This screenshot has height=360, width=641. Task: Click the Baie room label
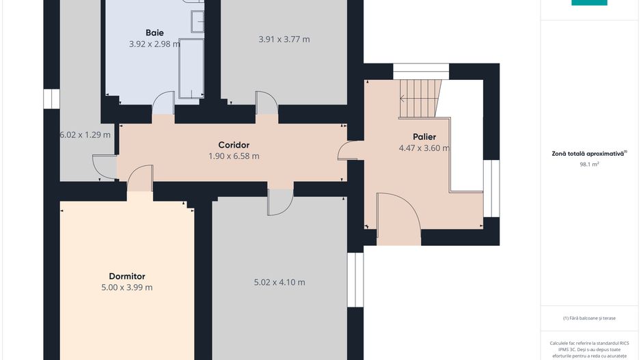[x=154, y=33]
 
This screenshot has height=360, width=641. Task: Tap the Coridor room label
[x=234, y=145]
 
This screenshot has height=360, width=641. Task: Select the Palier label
[x=424, y=137]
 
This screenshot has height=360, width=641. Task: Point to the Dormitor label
[x=127, y=276]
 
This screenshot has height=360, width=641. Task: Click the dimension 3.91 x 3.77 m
[x=284, y=39]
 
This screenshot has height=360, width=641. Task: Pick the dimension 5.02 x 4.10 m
[x=279, y=282]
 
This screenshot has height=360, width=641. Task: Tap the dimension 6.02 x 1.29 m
[x=85, y=135]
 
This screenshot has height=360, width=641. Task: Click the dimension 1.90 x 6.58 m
[x=234, y=156]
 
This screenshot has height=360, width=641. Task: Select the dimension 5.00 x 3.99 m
[x=127, y=288]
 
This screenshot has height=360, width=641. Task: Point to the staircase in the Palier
[x=420, y=98]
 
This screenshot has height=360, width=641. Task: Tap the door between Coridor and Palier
[x=349, y=150]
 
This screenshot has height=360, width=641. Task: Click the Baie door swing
[x=163, y=102]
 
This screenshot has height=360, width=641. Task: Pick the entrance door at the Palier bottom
[x=398, y=219]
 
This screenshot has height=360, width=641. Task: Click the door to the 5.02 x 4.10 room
[x=280, y=202]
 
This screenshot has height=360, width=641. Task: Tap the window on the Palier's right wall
[x=491, y=189]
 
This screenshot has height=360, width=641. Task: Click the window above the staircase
[x=421, y=71]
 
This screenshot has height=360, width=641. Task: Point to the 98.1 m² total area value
[x=589, y=164]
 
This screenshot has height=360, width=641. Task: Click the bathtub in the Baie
[x=191, y=68]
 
